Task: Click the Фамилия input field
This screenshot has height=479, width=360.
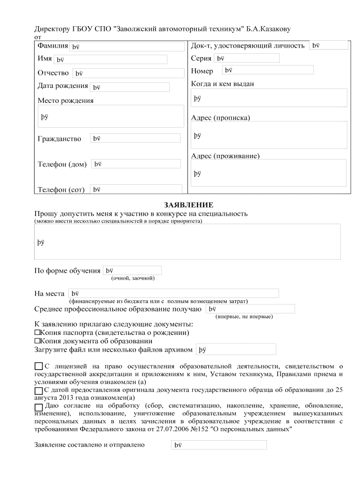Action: [x=127, y=46]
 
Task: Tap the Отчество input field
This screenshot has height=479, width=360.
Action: [x=127, y=73]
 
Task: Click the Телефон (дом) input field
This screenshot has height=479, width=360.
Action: [x=135, y=164]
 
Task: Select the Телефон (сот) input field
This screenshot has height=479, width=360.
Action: [x=136, y=189]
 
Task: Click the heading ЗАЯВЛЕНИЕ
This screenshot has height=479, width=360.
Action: [x=188, y=205]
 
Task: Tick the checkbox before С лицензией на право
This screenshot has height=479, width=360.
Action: [x=39, y=366]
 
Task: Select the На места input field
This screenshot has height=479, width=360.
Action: [x=173, y=293]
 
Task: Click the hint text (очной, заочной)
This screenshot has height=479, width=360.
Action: [x=132, y=278]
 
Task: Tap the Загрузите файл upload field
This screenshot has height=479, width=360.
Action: [x=236, y=349]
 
